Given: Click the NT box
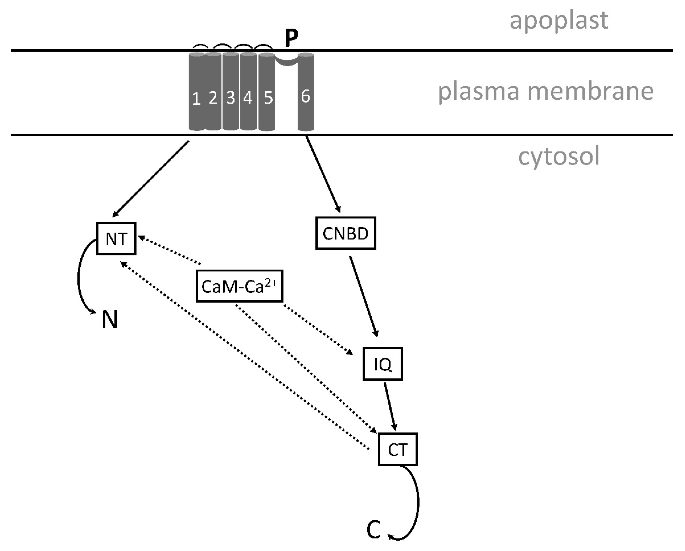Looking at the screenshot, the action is tap(116, 238).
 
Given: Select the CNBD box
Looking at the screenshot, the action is tap(346, 233).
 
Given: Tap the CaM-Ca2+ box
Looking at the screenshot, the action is tap(239, 286).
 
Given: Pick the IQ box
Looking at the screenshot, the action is tap(382, 364).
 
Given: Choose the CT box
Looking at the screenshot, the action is tap(397, 449).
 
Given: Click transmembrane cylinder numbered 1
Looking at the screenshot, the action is tap(197, 92).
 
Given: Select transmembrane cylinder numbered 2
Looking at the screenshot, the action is tap(213, 92).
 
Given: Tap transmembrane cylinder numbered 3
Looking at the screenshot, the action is tap(231, 92).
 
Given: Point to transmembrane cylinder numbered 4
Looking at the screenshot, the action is tap(248, 92).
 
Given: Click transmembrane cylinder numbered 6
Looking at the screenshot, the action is tap(306, 92).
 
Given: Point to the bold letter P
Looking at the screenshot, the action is tap(291, 38).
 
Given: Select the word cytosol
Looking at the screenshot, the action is tap(559, 156).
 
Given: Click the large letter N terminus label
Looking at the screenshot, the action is tap(110, 319).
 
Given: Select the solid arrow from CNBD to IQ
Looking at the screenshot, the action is tap(364, 296).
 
